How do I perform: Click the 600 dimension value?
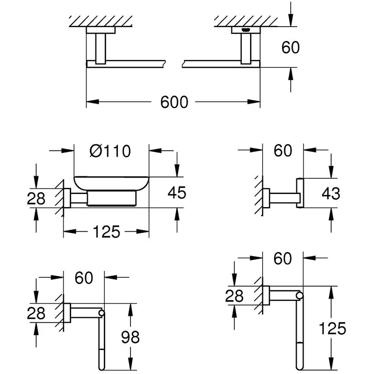pyautogui.click(x=174, y=101)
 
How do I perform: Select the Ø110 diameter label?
pyautogui.click(x=110, y=151)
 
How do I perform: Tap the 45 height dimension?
pyautogui.click(x=177, y=192)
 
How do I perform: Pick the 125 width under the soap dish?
pyautogui.click(x=106, y=231)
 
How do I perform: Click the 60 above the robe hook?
pyautogui.click(x=282, y=150)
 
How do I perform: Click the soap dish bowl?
pyautogui.click(x=111, y=183)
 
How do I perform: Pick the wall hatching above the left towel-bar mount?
pyautogui.click(x=101, y=21)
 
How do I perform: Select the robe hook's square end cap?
pyautogui.click(x=300, y=193)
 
